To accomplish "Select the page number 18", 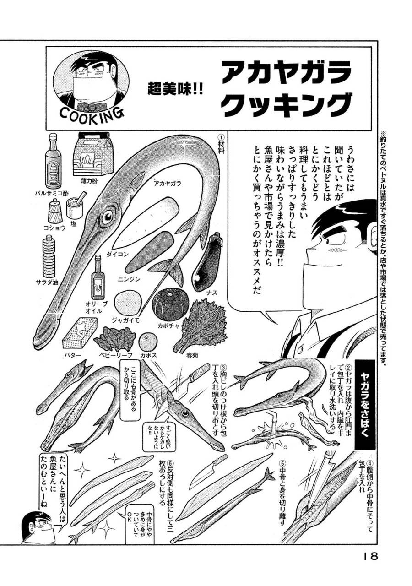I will pyautogui.click(x=369, y=556).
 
